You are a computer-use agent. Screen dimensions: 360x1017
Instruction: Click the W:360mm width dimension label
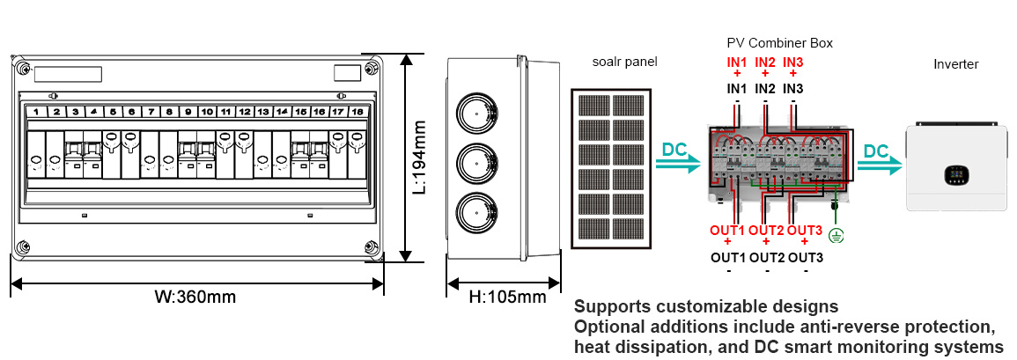(x=195, y=297)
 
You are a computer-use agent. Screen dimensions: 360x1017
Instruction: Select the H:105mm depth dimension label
(x=507, y=297)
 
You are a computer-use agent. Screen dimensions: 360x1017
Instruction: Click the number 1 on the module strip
(x=36, y=112)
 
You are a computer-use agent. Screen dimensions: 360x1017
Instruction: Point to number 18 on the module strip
(x=357, y=112)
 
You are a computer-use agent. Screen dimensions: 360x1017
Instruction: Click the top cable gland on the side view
(x=476, y=112)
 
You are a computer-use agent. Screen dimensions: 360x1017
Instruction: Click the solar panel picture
(x=610, y=167)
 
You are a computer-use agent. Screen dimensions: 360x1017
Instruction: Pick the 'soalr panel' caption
(x=624, y=62)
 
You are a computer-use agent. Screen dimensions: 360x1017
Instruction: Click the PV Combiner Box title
(x=779, y=42)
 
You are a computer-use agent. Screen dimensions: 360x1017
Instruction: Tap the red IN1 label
(x=737, y=62)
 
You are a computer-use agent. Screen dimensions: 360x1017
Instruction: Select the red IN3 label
(x=793, y=62)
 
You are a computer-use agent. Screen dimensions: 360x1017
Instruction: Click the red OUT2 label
(x=766, y=231)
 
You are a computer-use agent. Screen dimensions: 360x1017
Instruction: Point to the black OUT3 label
(x=806, y=258)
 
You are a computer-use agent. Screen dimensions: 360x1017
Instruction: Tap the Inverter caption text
(x=955, y=64)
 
